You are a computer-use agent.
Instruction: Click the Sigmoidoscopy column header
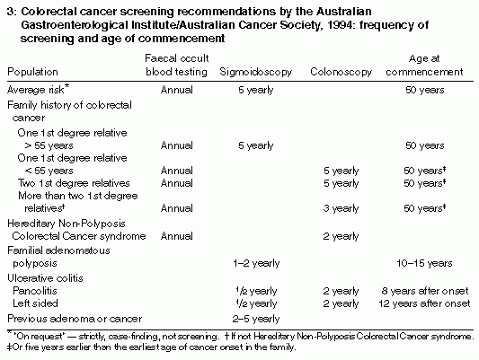tap(256, 72)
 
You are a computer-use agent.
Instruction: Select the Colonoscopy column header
tap(341, 72)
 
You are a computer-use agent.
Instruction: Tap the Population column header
tap(32, 72)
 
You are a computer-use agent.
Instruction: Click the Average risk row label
tap(38, 90)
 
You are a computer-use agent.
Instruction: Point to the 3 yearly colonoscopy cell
tap(341, 208)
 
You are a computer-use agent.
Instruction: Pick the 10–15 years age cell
tap(424, 263)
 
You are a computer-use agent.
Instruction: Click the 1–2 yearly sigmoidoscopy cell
tap(256, 263)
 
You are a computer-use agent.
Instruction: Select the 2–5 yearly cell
tap(256, 319)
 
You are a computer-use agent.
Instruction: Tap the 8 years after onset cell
tap(424, 291)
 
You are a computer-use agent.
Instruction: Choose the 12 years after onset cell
tap(424, 303)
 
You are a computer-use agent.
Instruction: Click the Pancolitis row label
tap(35, 291)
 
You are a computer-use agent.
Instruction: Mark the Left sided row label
tap(35, 303)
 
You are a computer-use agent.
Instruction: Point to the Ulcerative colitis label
tap(45, 278)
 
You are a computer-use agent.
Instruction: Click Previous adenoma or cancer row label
tap(75, 319)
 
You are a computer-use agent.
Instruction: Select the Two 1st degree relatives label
tap(74, 183)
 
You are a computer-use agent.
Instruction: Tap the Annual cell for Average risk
tap(176, 90)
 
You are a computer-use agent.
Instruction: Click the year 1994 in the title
tap(339, 25)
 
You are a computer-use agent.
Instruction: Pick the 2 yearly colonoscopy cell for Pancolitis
tap(341, 291)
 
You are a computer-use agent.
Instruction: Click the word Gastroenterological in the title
tap(75, 25)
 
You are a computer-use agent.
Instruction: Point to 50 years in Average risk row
tap(424, 90)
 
